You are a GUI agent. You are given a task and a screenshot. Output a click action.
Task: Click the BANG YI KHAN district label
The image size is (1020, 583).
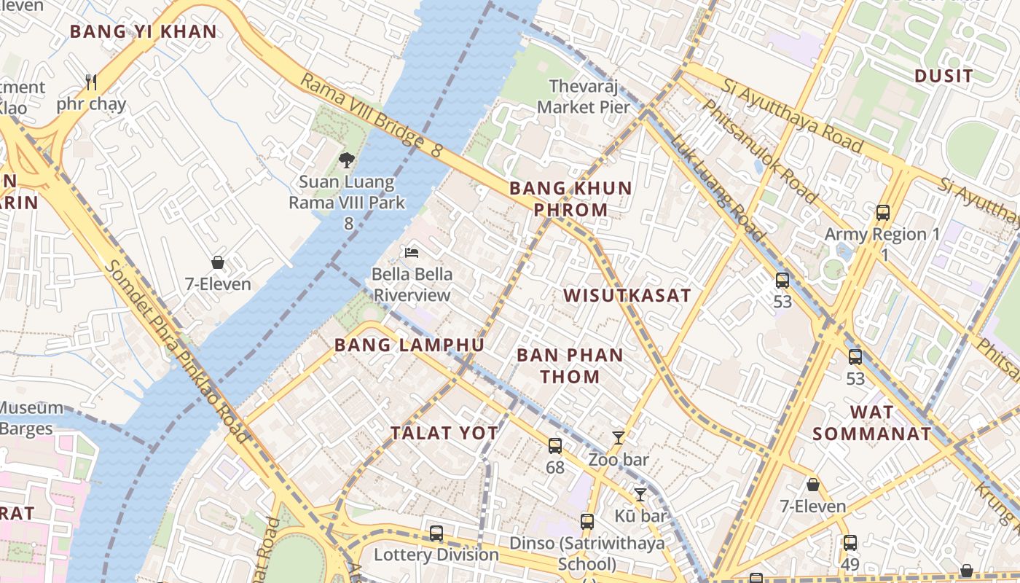click(144, 31)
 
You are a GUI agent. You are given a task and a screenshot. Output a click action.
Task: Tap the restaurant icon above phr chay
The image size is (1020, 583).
click(91, 82)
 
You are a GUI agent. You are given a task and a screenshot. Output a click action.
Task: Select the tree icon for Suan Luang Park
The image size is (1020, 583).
click(347, 160)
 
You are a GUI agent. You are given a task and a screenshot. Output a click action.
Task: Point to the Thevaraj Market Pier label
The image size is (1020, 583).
click(583, 96)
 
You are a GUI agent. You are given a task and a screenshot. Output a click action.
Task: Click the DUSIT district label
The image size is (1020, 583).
click(943, 76)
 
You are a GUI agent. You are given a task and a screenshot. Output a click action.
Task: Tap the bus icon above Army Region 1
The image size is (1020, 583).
click(883, 213)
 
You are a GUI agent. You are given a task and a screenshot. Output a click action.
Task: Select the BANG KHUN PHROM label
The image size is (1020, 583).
click(570, 199)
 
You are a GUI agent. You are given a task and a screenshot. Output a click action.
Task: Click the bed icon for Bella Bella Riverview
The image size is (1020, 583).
click(412, 253)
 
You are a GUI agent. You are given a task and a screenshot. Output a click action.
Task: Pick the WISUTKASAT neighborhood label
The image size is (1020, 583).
click(627, 295)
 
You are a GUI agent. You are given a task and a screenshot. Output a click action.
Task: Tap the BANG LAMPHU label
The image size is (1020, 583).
click(409, 345)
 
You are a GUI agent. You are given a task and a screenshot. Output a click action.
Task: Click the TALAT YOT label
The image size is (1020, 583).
click(444, 433)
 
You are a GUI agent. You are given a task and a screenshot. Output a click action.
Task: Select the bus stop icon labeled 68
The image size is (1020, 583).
click(555, 445)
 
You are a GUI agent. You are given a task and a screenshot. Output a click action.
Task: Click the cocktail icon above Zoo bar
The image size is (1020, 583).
click(619, 437)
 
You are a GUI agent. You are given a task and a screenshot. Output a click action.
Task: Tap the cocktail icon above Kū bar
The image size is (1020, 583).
click(640, 495)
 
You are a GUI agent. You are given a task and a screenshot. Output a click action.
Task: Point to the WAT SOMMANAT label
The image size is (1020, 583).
click(871, 423)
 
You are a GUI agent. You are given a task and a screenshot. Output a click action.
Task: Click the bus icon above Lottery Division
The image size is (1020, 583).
click(436, 533)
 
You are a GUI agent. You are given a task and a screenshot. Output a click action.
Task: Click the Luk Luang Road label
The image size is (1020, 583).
click(718, 188)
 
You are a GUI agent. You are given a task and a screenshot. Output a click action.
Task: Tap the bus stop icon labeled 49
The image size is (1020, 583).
click(850, 543)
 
